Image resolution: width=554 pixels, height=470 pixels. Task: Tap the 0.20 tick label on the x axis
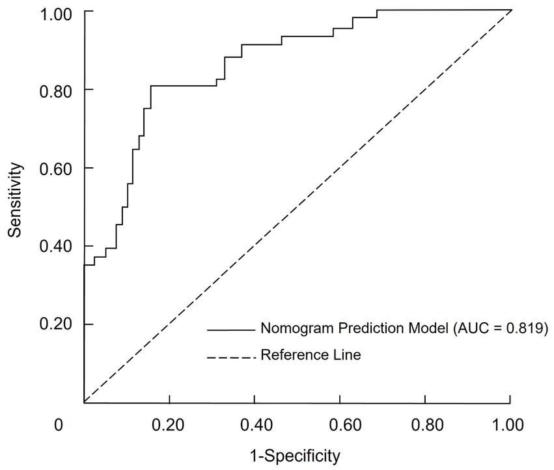(169, 426)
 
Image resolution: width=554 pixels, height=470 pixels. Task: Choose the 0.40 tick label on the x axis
(255, 426)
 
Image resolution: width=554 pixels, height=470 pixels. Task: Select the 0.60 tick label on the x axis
(340, 426)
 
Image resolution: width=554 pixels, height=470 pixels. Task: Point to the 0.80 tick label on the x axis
(425, 426)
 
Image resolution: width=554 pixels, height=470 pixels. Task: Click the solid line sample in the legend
(230, 330)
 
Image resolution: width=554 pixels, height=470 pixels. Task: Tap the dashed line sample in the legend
(230, 356)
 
